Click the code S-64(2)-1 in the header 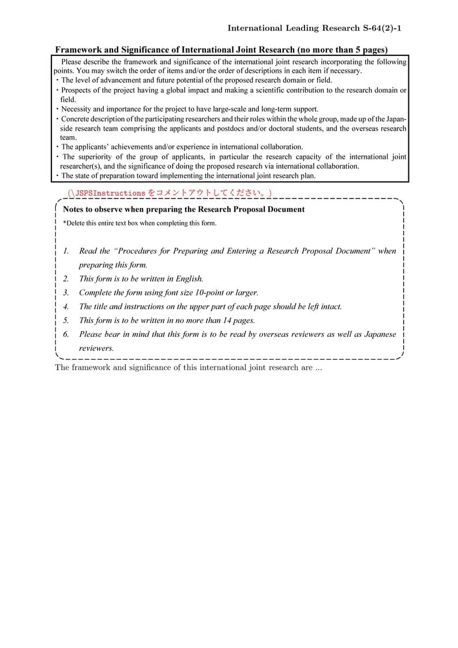coord(382,28)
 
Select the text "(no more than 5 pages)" coord(343,50)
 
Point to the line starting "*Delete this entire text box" coord(140,223)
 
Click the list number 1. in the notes coord(66,251)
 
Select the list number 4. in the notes coord(66,306)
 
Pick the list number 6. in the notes coord(66,334)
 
